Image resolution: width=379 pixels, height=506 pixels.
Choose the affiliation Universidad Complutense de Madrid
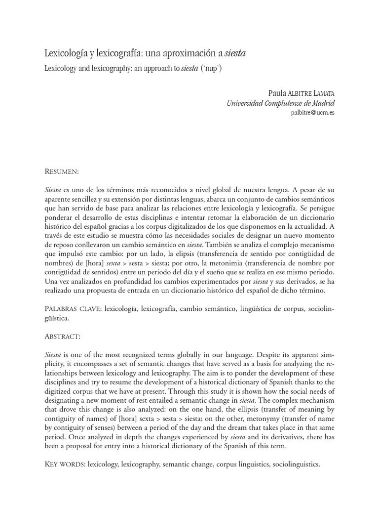point(280,103)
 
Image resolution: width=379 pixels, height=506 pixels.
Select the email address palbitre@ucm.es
point(313,112)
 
